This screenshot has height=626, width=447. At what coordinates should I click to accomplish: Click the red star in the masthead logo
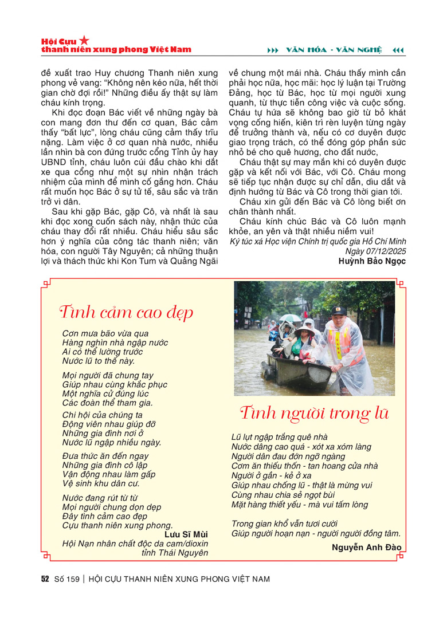84,40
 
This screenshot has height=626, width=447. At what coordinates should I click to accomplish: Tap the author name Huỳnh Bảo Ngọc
372,261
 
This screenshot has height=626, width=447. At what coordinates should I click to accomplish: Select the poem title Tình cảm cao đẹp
126,313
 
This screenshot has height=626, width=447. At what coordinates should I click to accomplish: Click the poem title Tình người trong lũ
315,413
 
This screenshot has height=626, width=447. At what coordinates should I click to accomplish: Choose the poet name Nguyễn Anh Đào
366,547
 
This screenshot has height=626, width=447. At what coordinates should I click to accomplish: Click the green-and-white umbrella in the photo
291,318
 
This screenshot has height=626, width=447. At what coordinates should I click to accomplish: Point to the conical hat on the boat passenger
304,330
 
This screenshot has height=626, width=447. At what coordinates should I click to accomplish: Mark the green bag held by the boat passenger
296,346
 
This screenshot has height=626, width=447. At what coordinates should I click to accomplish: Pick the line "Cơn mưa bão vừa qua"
105,333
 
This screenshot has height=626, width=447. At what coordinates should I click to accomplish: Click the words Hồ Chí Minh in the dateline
378,242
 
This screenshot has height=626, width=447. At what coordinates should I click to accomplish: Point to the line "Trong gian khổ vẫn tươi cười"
284,523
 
